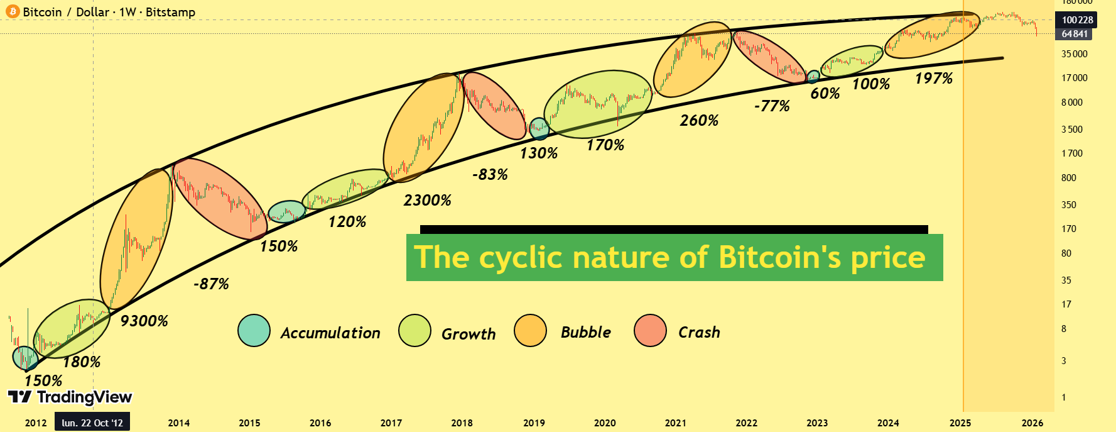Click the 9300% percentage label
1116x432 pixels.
(144, 321)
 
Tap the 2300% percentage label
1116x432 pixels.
(427, 201)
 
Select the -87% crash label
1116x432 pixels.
(211, 284)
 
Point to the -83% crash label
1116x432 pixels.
(490, 175)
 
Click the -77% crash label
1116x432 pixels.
(772, 106)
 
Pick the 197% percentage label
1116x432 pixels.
(934, 79)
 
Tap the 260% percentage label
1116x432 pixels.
(699, 121)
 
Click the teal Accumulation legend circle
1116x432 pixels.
(254, 331)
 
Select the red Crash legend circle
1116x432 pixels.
(650, 331)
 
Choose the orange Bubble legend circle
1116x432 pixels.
(530, 331)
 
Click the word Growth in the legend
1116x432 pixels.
(469, 334)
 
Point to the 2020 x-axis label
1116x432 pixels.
(605, 423)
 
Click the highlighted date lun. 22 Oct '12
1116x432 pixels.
(92, 423)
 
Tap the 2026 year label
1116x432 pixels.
(1032, 423)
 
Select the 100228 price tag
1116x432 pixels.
(1078, 20)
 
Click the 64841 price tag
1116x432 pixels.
(1075, 34)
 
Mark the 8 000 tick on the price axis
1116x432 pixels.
(1072, 102)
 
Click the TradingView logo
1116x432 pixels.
(70, 397)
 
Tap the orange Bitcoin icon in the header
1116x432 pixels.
(13, 11)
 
